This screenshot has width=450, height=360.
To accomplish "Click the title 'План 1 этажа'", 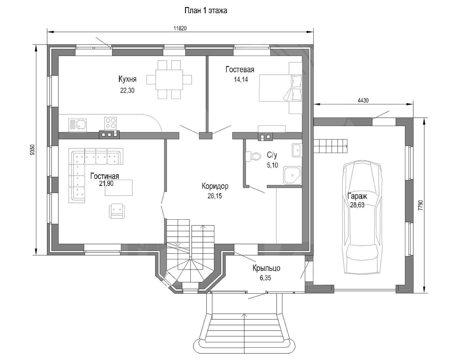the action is point(206,10).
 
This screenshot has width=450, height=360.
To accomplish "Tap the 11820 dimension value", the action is point(180,28).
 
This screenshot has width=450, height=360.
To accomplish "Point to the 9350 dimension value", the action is point(32,150).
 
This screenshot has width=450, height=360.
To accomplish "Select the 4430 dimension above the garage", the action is point(363,101).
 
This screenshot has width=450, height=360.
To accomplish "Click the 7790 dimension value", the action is point(420,205).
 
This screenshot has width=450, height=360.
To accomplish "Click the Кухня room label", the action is point(127,79).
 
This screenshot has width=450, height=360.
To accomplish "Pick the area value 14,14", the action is point(241,79).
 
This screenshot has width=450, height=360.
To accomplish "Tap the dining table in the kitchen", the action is point(169,80).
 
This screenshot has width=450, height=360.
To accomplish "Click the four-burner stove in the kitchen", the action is point(110,123).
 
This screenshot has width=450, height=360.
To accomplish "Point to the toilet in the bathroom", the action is point(253,156).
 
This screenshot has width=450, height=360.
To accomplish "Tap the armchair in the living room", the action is point(117,211).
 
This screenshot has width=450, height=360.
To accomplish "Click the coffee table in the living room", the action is point(119,188).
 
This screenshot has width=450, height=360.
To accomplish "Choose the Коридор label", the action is point(215,186).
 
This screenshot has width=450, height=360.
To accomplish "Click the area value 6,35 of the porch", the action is point(265,278).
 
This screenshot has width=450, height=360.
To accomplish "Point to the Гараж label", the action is point(357,196).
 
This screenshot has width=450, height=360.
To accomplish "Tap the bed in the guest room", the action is point(281,88).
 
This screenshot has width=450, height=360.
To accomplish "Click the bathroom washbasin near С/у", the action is point(297,150).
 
